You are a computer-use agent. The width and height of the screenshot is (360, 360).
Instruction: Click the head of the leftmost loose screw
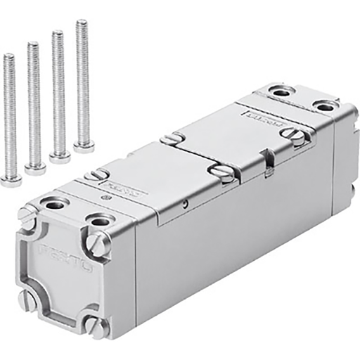tap(10, 181)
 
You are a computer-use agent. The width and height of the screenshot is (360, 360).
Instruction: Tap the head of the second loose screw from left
tap(34, 169)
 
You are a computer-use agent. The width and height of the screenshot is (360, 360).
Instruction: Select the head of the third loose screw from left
tap(60, 156)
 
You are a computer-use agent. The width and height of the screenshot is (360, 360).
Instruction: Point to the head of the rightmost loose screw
tap(84, 146)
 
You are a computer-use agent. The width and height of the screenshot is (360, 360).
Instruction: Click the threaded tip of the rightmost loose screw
tap(82, 23)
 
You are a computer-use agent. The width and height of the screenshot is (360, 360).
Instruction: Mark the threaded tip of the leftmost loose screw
tap(8, 57)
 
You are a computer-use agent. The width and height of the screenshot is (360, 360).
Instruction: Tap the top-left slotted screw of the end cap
tap(27, 217)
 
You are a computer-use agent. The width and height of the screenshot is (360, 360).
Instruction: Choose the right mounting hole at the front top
tap(99, 222)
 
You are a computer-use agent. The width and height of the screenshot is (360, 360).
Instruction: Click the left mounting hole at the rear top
tap(281, 91)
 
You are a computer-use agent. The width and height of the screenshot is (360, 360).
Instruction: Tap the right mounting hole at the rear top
tap(324, 106)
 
